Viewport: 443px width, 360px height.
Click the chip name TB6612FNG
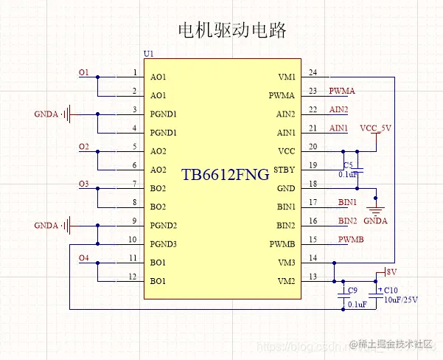click(226, 175)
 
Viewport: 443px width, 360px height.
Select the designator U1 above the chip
click(149, 55)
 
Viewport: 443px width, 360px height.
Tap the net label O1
click(83, 72)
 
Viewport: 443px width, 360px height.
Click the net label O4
click(83, 257)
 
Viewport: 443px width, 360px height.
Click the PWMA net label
click(342, 91)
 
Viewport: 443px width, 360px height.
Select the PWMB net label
click(350, 239)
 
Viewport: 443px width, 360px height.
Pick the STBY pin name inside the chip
click(284, 170)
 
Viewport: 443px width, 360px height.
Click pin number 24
click(313, 72)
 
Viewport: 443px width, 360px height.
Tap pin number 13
click(313, 276)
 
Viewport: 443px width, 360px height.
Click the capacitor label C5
click(349, 165)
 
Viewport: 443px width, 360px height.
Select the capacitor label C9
click(352, 290)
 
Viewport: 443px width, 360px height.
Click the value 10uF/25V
click(401, 300)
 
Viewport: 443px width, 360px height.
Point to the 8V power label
click(391, 271)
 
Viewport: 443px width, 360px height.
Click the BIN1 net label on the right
click(347, 202)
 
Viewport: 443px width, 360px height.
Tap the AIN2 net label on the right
click(338, 110)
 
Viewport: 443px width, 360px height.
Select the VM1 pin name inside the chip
click(286, 77)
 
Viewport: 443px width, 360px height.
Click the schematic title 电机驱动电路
click(231, 30)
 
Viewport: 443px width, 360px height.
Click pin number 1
click(134, 72)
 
